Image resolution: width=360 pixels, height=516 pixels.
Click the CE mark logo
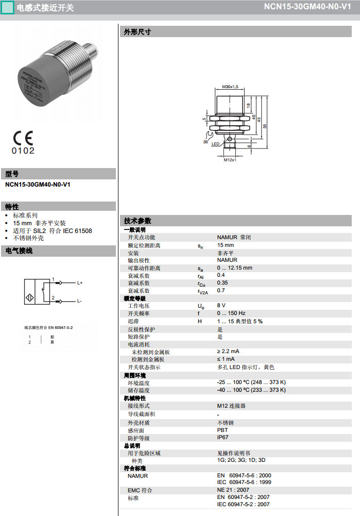23,138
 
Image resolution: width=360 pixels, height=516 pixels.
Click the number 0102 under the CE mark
23,151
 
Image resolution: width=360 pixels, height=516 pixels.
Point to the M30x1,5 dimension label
230,86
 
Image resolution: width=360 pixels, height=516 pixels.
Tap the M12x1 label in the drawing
230,160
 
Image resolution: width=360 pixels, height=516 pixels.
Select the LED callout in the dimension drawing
216,144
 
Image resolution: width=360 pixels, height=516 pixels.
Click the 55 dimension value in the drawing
265,125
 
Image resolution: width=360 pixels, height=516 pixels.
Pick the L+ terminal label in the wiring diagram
80,283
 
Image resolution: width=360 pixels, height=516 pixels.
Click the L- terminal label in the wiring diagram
79,301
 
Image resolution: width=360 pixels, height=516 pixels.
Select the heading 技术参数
138,221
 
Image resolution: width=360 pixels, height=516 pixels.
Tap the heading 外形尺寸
138,32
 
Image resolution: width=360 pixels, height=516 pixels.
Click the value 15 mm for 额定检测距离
225,245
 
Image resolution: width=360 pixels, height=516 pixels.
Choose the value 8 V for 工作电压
221,306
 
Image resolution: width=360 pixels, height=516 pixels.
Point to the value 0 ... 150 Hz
231,313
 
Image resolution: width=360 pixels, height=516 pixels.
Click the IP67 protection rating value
222,437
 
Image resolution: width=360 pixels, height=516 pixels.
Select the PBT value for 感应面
222,429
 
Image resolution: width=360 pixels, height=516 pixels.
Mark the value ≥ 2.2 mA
228,352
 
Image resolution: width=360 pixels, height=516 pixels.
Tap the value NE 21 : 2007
233,490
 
